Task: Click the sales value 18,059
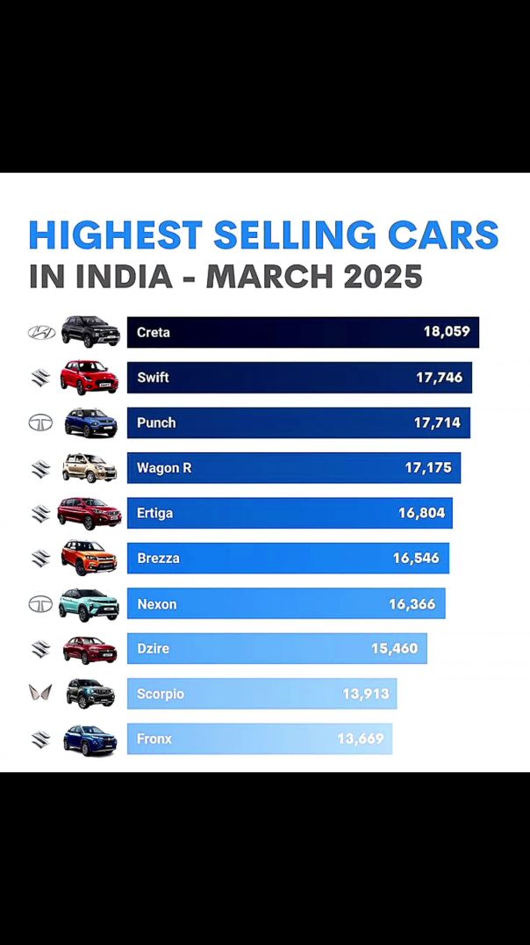447,333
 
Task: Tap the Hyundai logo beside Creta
41,333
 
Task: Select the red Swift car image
89,377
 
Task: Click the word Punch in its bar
156,422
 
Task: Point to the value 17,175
428,468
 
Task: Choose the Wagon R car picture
89,468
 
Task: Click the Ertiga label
154,513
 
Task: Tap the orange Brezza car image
89,558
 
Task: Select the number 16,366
412,604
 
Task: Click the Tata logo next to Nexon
41,604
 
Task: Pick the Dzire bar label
153,649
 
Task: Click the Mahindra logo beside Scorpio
41,694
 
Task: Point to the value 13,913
366,694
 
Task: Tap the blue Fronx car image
90,739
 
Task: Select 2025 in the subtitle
383,278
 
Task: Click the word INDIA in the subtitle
124,278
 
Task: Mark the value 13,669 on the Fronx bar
361,739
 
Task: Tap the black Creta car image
90,332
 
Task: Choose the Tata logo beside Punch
41,422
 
